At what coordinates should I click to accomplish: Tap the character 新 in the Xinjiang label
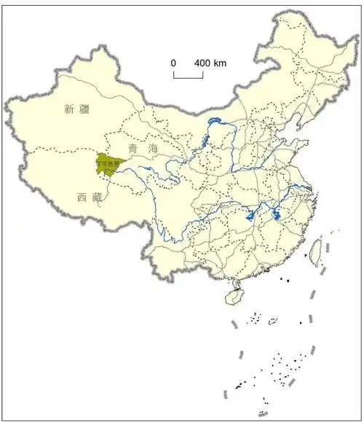69,110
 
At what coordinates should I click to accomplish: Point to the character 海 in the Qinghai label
153,149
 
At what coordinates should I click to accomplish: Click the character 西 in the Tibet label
81,198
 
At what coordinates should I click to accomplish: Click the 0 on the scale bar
174,63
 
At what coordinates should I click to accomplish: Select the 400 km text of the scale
210,63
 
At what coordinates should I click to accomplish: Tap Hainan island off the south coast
234,297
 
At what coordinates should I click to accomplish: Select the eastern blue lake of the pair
277,214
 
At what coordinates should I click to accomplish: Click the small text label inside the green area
107,165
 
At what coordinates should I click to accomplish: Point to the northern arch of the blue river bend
214,120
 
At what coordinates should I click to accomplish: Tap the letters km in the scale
220,63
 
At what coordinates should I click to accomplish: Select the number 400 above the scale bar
202,63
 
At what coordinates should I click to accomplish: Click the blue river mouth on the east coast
309,189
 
